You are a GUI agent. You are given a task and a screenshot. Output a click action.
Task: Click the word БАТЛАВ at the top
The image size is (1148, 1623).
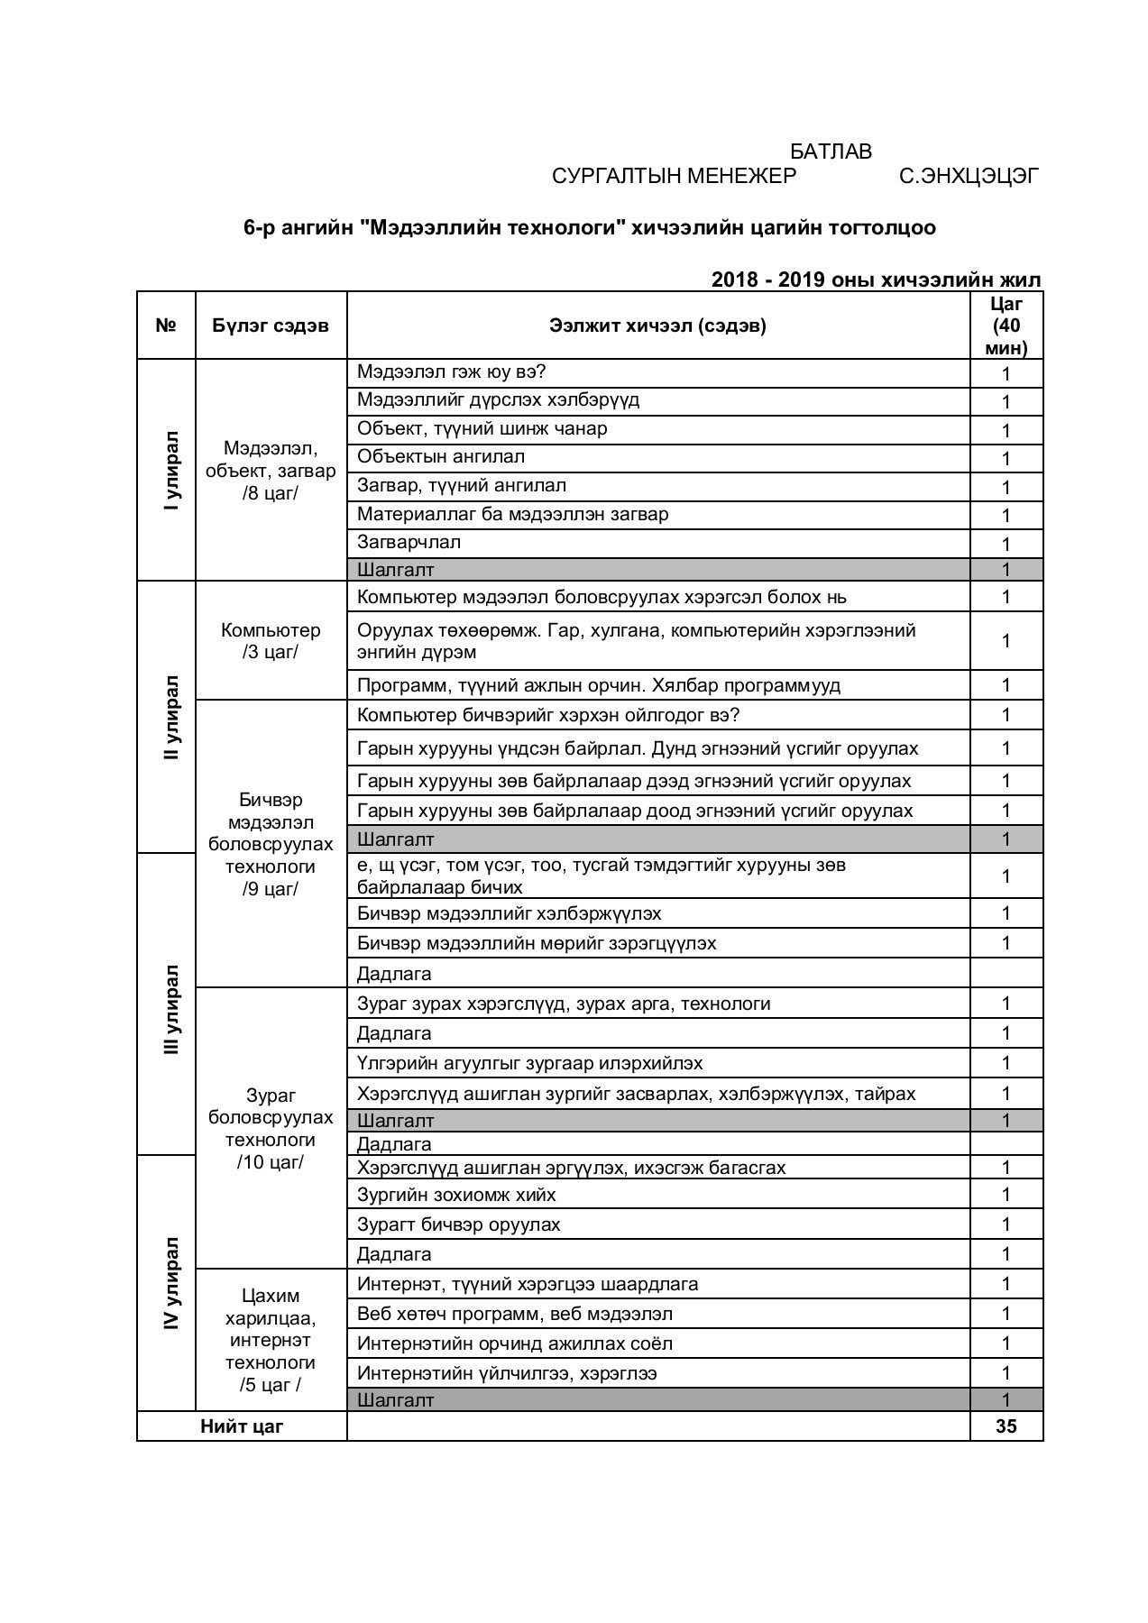click(x=831, y=151)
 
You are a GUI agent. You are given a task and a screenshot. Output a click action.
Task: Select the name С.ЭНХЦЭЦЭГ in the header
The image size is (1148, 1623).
click(x=969, y=176)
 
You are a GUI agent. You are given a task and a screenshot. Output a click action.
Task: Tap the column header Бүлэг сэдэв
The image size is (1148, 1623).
click(x=271, y=326)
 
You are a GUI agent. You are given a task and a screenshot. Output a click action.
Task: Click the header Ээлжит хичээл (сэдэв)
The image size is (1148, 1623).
click(x=657, y=326)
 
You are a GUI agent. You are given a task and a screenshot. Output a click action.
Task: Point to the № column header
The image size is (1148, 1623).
click(x=166, y=326)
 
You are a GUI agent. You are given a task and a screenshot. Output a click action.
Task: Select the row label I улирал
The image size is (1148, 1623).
click(x=171, y=471)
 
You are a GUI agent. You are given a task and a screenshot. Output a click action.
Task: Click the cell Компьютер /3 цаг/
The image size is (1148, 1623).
click(x=271, y=641)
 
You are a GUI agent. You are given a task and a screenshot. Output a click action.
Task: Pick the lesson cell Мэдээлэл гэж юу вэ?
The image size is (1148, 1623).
click(x=452, y=371)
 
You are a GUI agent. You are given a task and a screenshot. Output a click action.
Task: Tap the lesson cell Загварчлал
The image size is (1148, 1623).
click(x=409, y=542)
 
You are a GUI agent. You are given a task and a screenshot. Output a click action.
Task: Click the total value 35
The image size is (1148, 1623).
click(x=1006, y=1426)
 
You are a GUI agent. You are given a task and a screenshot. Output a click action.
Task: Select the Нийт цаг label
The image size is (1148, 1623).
click(x=242, y=1426)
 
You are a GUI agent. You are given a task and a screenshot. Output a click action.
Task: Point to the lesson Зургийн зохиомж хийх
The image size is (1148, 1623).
click(x=456, y=1195)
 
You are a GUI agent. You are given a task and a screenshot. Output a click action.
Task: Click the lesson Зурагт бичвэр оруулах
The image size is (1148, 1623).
click(x=458, y=1224)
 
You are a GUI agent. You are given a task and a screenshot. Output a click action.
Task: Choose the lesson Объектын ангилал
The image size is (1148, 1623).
click(x=440, y=456)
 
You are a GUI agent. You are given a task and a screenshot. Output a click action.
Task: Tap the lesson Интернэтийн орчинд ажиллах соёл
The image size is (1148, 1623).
click(x=514, y=1343)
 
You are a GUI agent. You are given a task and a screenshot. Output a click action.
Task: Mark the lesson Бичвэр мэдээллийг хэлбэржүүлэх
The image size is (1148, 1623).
click(x=509, y=913)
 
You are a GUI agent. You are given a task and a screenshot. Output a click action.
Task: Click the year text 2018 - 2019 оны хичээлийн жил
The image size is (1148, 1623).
click(x=876, y=280)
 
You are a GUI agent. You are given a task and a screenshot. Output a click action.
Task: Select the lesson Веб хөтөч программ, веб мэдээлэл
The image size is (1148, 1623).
click(x=514, y=1314)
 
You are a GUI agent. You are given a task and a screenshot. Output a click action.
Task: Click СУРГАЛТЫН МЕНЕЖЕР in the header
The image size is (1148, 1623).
click(x=674, y=176)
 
